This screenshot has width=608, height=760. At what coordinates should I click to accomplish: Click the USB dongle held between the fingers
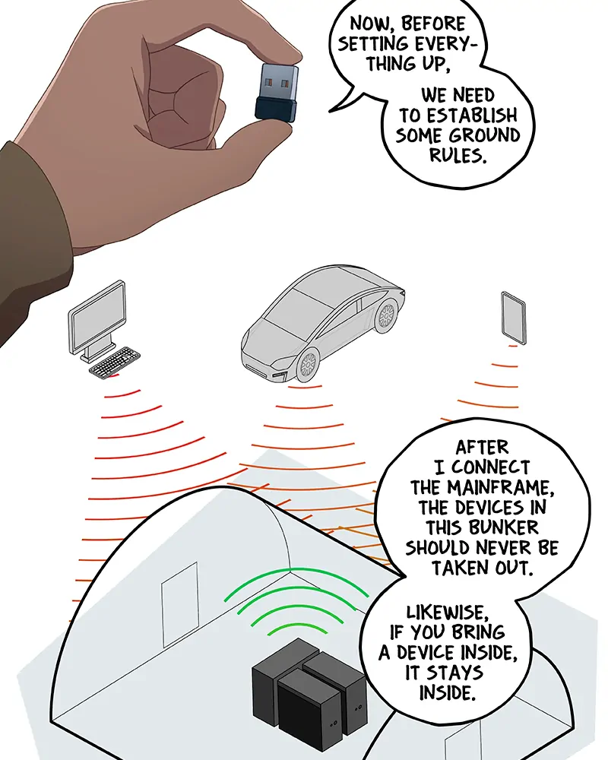click(276, 92)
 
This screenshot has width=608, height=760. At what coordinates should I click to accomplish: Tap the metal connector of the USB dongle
click(279, 82)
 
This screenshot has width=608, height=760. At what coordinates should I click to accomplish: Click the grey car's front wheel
click(307, 363)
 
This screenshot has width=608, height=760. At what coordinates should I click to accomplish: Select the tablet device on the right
click(514, 318)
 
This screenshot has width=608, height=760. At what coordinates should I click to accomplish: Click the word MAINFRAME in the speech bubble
click(501, 487)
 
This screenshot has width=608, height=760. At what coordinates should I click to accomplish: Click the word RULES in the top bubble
click(458, 156)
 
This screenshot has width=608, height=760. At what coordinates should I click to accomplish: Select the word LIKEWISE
click(445, 612)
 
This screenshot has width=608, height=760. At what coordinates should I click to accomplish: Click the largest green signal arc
click(295, 573)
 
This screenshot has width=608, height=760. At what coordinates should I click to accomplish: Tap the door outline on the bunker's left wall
click(179, 604)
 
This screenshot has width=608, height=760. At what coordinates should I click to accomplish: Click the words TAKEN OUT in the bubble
click(483, 568)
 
